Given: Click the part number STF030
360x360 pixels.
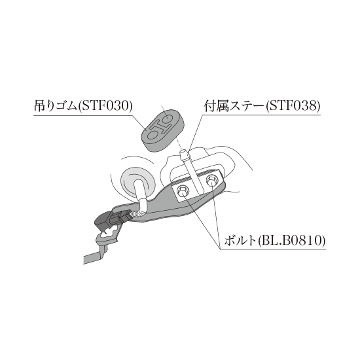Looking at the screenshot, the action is [107, 106].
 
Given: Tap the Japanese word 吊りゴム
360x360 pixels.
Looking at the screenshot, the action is [56, 106].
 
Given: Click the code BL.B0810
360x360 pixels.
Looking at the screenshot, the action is [292, 241].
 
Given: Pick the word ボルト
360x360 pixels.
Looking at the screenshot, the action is [240, 241].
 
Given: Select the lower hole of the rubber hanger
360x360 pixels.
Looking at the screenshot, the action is [152, 135].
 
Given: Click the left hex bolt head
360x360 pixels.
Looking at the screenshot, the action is [183, 190].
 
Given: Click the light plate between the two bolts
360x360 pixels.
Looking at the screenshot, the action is [198, 185].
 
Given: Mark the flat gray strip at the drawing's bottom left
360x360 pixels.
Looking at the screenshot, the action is [92, 259].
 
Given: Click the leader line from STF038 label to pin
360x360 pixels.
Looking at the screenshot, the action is [196, 132].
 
